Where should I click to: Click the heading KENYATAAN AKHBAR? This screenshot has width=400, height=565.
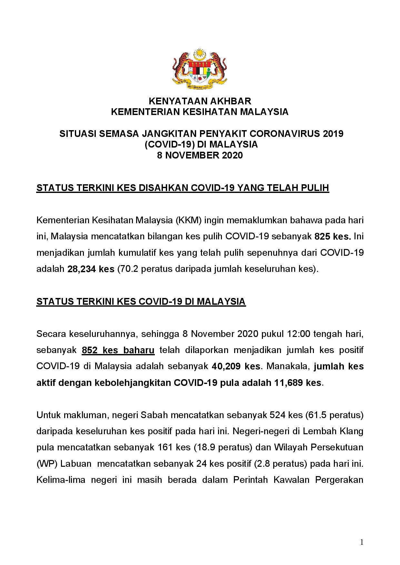pos(200,101)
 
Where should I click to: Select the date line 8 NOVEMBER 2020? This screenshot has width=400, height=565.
pos(200,156)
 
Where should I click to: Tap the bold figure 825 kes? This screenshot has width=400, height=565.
pos(333,237)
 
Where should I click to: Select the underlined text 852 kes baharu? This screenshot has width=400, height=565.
pos(118,350)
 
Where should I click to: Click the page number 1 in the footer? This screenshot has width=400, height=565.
pos(362,542)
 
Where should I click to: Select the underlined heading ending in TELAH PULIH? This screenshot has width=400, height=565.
pos(183,188)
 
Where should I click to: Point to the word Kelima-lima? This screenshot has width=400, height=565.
pos(61,480)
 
